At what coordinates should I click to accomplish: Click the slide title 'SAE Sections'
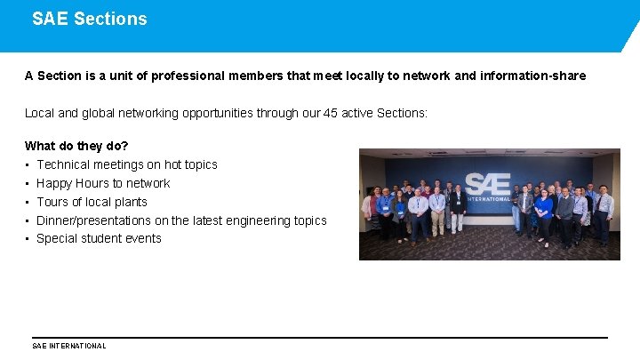pyautogui.click(x=90, y=19)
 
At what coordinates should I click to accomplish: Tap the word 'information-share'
pyautogui.click(x=532, y=76)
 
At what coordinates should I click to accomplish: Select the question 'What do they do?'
pyautogui.click(x=76, y=146)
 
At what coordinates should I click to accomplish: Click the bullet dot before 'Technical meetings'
pyautogui.click(x=28, y=165)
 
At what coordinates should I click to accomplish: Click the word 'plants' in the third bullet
pyautogui.click(x=129, y=202)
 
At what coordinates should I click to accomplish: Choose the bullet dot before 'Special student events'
pyautogui.click(x=28, y=239)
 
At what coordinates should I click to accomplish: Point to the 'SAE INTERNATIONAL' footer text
pyautogui.click(x=69, y=346)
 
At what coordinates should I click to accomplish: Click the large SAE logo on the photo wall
pyautogui.click(x=488, y=184)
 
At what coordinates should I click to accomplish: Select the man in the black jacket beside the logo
pyautogui.click(x=459, y=208)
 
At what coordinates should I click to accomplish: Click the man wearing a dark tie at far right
pyautogui.click(x=604, y=212)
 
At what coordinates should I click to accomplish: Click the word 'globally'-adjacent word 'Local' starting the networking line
pyautogui.click(x=39, y=114)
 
